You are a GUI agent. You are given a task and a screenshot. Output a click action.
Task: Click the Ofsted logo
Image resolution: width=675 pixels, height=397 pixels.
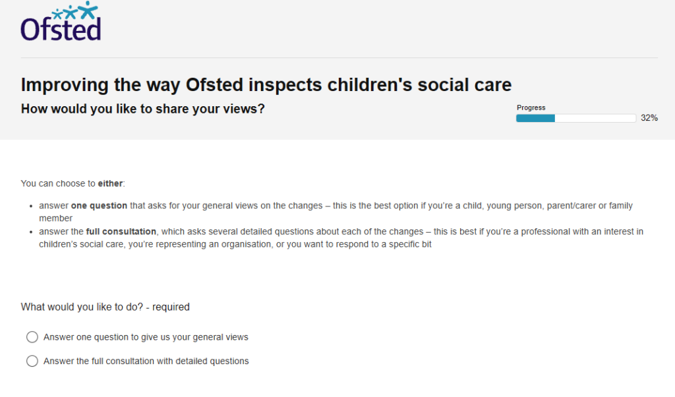pos(61,22)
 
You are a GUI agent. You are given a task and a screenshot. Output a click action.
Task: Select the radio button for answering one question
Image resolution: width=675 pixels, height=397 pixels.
pos(32,337)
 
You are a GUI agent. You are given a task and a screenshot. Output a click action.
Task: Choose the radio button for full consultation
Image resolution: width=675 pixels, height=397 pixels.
pos(32,361)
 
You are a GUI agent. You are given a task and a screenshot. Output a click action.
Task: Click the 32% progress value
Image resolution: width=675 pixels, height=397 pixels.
pos(649,118)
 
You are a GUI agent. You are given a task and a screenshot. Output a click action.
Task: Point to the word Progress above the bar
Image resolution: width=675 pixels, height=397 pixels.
pos(531,107)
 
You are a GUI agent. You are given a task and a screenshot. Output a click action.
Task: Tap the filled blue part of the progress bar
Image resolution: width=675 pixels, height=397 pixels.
pos(535,119)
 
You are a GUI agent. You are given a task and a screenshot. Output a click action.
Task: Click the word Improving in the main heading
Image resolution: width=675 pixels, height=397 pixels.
pos(65,85)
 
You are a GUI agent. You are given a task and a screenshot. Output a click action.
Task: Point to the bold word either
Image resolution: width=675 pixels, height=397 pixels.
pos(110,183)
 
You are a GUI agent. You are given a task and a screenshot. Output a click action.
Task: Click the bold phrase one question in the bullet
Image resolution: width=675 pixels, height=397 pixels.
pos(99,206)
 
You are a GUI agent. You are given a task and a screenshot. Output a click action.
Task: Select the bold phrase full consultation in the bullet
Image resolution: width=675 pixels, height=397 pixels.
pos(121,231)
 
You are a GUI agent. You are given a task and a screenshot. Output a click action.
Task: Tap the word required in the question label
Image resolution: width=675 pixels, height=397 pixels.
pos(171,307)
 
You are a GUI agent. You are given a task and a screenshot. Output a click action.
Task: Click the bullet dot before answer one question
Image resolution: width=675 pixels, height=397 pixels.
pos(31,206)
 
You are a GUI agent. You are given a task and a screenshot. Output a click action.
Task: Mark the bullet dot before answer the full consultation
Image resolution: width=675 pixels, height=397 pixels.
pos(31,232)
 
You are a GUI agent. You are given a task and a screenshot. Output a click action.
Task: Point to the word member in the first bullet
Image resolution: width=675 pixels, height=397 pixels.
pos(55,218)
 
